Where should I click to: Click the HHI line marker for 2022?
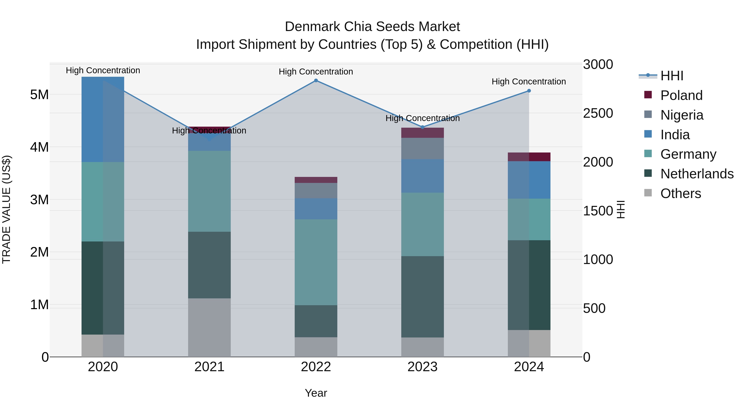point(316,81)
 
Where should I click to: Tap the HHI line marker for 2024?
point(529,91)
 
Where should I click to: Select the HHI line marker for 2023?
point(422,127)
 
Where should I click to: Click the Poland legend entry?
point(681,95)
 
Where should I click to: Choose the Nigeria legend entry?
point(682,115)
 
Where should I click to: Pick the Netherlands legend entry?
point(697,174)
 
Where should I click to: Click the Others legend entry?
point(680,193)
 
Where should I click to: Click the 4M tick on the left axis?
point(39,147)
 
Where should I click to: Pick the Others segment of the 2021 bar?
point(209,327)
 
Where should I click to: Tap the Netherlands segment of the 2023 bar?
point(422,297)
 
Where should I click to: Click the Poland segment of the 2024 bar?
point(529,157)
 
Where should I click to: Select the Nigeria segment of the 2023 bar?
point(422,148)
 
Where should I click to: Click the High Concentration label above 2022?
point(316,72)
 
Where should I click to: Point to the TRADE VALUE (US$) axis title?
point(6,209)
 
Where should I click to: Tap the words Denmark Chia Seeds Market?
point(372,27)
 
